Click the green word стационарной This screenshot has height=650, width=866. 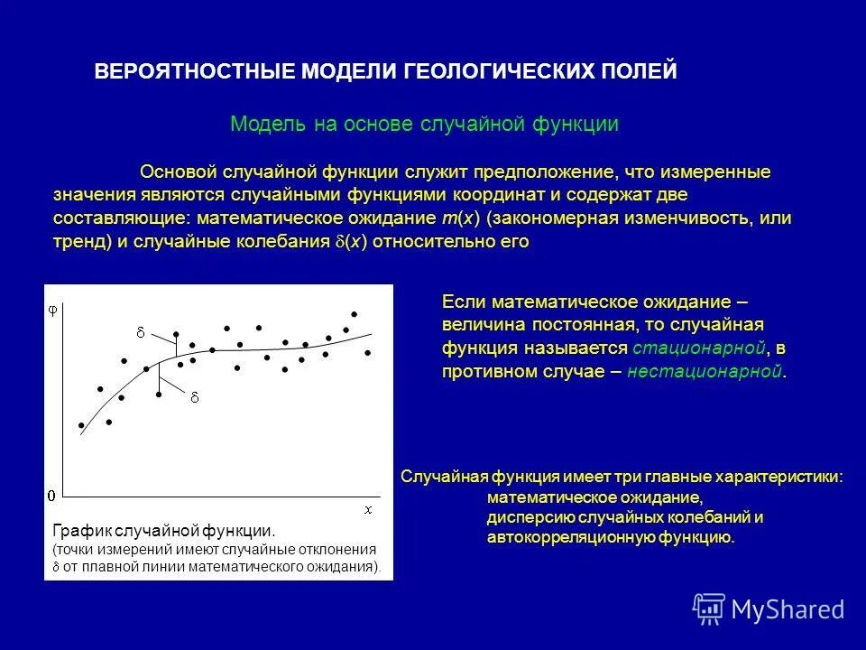point(699,348)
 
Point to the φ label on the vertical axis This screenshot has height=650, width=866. point(52,309)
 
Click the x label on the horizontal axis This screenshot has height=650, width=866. point(368,509)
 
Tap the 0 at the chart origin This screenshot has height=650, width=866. point(51,496)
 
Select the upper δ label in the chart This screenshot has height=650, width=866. point(140,333)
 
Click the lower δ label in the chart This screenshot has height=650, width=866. point(193,396)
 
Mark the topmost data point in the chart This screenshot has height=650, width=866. point(355,314)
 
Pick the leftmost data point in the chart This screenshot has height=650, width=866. point(81,425)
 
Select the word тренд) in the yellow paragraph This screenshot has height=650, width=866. point(80,242)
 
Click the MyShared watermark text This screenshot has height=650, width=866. point(788,609)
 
